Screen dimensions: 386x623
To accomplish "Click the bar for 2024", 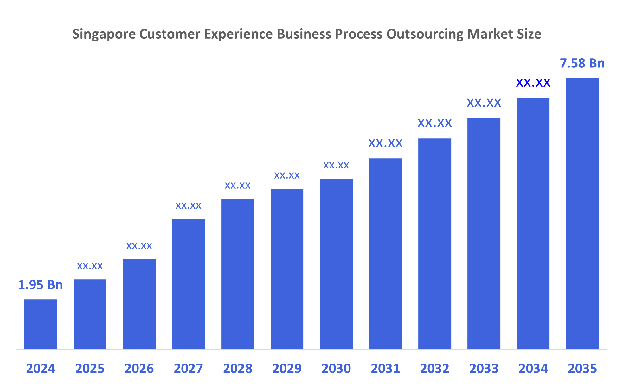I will pyautogui.click(x=41, y=324).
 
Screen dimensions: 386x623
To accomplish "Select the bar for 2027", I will pyautogui.click(x=188, y=284).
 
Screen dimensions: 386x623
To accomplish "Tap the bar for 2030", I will pyautogui.click(x=336, y=264).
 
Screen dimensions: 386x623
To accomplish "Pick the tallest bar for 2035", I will pyautogui.click(x=582, y=214).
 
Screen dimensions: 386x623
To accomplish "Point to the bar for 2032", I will pyautogui.click(x=434, y=244).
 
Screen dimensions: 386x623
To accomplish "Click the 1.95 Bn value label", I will pyautogui.click(x=41, y=285).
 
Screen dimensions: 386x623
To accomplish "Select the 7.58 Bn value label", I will pyautogui.click(x=582, y=63).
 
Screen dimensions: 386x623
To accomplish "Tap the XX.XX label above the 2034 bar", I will pyautogui.click(x=533, y=83).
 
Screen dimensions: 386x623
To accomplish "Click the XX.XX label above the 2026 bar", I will pyautogui.click(x=139, y=246).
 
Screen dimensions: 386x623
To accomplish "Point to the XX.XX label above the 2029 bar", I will pyautogui.click(x=287, y=175).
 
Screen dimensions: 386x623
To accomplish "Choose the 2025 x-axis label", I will pyautogui.click(x=90, y=369).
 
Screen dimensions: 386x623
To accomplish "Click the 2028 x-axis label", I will pyautogui.click(x=238, y=369).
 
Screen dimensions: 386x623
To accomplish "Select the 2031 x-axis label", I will pyautogui.click(x=385, y=369).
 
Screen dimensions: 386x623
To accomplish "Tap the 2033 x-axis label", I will pyautogui.click(x=484, y=369).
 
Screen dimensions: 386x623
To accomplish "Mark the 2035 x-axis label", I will pyautogui.click(x=582, y=369).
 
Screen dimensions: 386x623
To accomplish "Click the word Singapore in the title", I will pyautogui.click(x=104, y=34).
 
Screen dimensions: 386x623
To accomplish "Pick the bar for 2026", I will pyautogui.click(x=139, y=304).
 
